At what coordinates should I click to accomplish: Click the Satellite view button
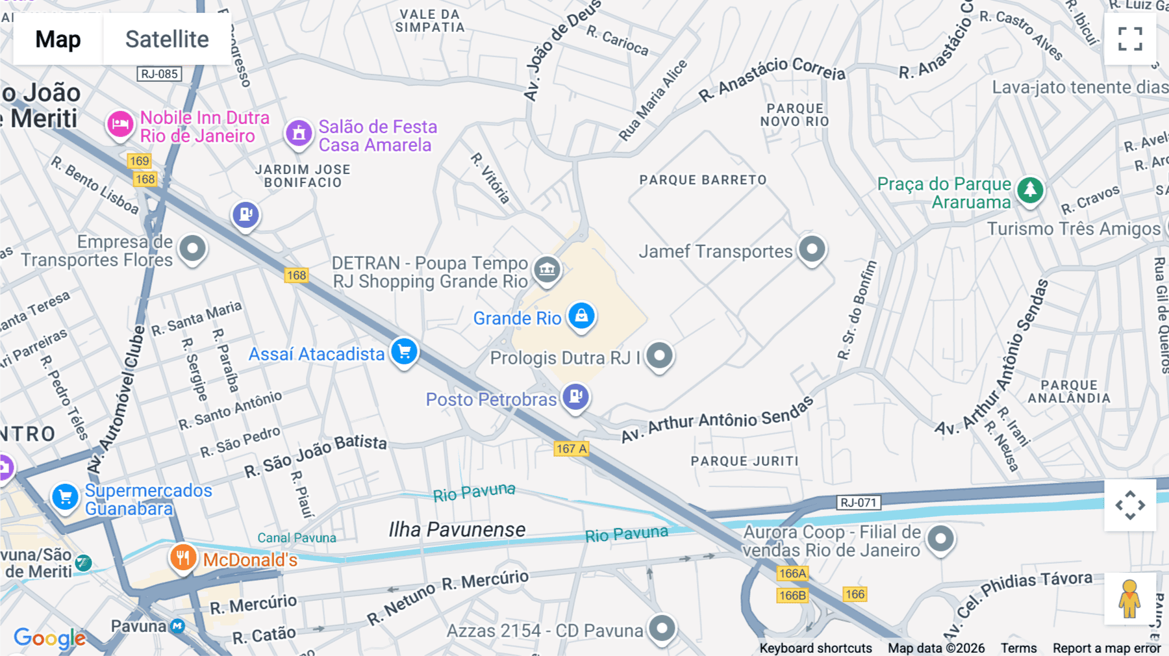point(167,39)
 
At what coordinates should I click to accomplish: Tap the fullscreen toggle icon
point(1130,39)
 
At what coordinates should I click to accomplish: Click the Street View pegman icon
point(1129,599)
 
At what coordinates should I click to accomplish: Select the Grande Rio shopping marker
point(581,316)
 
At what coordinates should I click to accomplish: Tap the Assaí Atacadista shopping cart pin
point(404,352)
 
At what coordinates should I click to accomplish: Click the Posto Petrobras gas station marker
point(575,396)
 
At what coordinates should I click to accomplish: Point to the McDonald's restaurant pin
point(183,558)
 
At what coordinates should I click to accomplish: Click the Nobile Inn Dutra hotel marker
point(120,123)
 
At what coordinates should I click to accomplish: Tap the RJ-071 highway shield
point(858,502)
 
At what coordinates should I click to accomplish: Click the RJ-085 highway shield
point(159,74)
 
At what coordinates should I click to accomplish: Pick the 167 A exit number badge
point(572,449)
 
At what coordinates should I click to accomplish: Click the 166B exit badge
point(792,595)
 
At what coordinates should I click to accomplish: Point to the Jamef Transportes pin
point(812,249)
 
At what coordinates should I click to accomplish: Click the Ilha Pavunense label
point(457,530)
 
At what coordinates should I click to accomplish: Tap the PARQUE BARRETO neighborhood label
point(703,180)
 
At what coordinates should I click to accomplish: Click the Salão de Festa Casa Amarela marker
point(299,133)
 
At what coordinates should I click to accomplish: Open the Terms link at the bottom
point(1018,648)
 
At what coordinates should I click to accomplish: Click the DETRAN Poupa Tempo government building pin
point(547,268)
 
